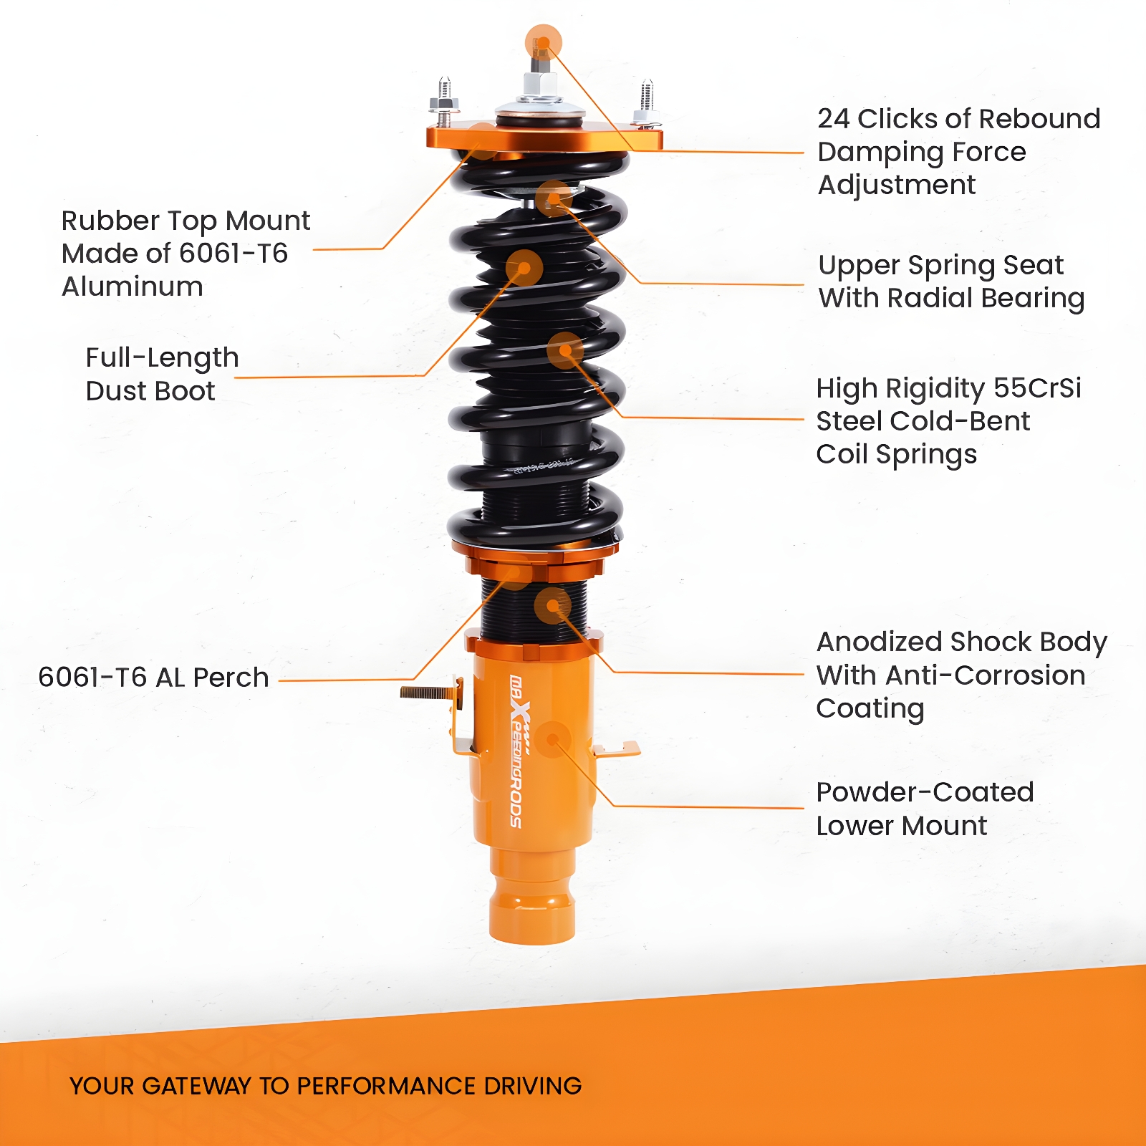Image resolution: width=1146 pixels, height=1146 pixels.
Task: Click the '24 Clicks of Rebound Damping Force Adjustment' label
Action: point(958,152)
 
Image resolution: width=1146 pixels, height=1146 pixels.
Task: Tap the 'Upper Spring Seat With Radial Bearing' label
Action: point(951,281)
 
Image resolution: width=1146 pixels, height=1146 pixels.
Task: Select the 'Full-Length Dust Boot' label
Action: point(162,374)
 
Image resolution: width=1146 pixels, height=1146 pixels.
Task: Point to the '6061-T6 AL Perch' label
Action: point(153,677)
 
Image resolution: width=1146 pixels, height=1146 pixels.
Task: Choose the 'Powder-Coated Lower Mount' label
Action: point(925,809)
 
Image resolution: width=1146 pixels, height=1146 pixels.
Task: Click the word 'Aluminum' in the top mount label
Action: point(133,286)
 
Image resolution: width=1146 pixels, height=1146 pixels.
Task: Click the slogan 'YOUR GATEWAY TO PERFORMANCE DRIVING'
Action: point(326,1086)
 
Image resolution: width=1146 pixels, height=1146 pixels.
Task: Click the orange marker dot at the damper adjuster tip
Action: point(543,43)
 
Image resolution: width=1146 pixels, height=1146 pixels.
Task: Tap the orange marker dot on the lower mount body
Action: point(552,739)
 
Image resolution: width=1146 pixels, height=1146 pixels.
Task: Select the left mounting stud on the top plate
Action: point(444,102)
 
